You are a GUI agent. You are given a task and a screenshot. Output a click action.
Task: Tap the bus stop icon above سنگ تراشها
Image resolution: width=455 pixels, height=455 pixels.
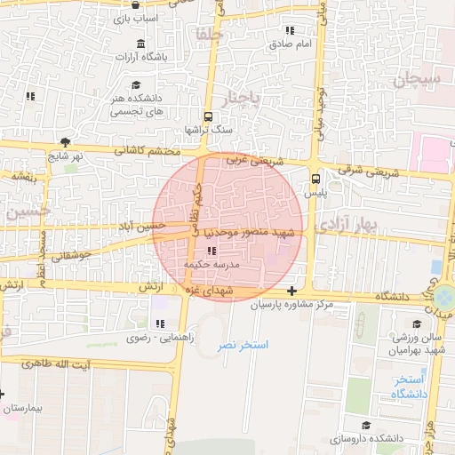coord(208,116)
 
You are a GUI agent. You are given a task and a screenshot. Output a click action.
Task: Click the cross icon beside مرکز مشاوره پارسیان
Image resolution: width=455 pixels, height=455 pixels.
coord(291,291)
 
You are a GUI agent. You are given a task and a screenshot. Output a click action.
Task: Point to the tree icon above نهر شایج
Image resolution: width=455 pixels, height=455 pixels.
coord(65,142)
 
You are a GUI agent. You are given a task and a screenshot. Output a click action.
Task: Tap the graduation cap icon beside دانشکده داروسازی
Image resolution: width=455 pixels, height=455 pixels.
coord(367,427)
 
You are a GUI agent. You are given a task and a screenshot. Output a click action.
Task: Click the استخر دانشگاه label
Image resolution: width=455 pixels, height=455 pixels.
coord(409,386)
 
